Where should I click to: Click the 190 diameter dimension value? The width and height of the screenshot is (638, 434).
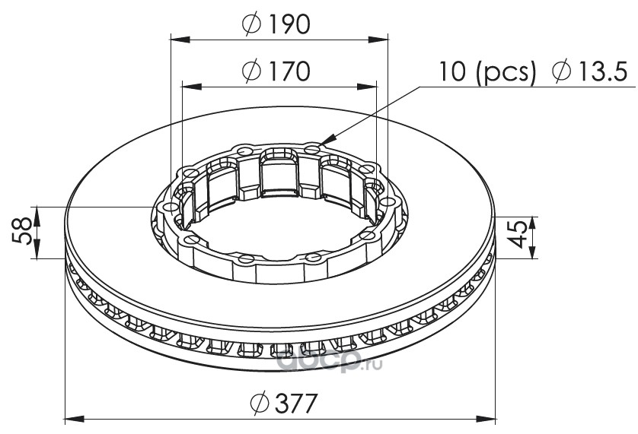coord(289,24)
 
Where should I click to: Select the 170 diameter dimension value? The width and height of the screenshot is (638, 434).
coord(289,71)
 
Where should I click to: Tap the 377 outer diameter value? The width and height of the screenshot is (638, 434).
coord(296,403)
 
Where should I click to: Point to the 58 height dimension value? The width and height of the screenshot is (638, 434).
coord(22,231)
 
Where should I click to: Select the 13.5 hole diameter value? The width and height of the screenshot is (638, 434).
coord(602,71)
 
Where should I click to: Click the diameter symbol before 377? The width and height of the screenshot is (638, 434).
coord(259,403)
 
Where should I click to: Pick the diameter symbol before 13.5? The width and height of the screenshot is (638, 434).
coord(562,71)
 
